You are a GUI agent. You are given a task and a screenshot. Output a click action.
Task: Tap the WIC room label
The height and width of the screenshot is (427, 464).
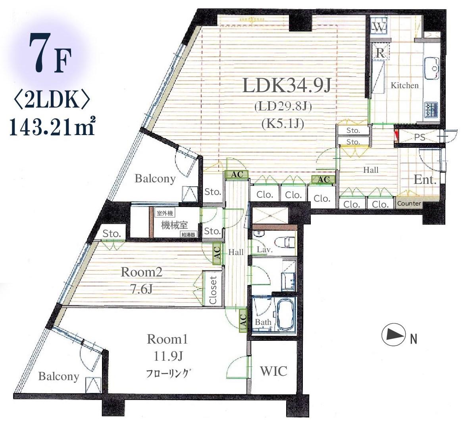pyautogui.click(x=273, y=371)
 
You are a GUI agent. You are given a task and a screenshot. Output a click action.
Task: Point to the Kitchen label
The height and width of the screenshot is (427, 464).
pyautogui.click(x=404, y=85)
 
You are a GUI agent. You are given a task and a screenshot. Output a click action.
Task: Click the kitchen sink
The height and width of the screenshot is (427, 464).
pyautogui.click(x=432, y=68)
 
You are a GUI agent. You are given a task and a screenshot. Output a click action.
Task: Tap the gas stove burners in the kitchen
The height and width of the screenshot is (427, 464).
pyautogui.click(x=431, y=109)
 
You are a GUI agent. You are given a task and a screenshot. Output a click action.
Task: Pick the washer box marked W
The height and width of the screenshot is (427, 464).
pyautogui.click(x=379, y=27)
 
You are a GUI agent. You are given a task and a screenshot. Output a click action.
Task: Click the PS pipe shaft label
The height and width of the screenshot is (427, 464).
pyautogui.click(x=420, y=137)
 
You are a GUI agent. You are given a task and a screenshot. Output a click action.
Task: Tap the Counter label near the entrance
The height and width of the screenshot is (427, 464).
pyautogui.click(x=409, y=203)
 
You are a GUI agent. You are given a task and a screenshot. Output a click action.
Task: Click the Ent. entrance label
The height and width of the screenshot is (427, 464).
pyautogui.click(x=425, y=180)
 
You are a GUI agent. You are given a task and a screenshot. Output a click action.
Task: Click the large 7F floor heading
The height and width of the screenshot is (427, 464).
pyautogui.click(x=50, y=52)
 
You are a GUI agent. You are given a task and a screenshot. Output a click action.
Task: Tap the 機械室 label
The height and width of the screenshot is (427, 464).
pyautogui.click(x=174, y=225)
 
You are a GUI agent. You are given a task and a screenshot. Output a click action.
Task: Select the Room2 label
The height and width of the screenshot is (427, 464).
pyautogui.click(x=141, y=272)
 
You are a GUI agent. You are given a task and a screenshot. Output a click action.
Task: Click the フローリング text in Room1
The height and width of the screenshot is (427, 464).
pyautogui.click(x=167, y=373)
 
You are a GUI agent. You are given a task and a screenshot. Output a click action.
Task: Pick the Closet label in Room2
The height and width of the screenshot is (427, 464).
pyautogui.click(x=213, y=290)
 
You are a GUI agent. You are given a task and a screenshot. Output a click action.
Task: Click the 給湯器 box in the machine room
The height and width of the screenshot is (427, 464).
pyautogui.click(x=188, y=235)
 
